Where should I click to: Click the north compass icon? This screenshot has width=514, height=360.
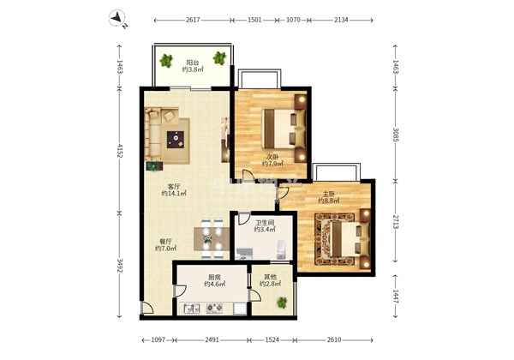[x=117, y=19]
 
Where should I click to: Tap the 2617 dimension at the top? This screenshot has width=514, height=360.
[x=193, y=20]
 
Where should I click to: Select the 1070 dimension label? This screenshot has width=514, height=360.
[x=293, y=20]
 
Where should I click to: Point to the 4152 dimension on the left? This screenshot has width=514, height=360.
[x=120, y=151]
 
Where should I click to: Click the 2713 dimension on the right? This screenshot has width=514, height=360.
[x=396, y=222]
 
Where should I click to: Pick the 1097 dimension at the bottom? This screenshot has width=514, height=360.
[x=158, y=340]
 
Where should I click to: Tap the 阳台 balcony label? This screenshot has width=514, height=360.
[x=193, y=63]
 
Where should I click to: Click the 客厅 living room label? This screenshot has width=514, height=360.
[x=174, y=187]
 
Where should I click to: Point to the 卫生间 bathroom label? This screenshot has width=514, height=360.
[x=265, y=223]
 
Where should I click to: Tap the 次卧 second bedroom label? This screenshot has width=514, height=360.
[x=272, y=157]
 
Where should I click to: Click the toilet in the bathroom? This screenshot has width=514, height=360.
[x=281, y=249]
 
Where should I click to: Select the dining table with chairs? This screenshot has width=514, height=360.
[x=212, y=238]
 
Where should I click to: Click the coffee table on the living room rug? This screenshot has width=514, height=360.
[x=176, y=140]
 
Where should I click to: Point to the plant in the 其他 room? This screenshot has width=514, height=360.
[x=282, y=303]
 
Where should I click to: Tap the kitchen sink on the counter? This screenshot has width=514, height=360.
[x=192, y=309]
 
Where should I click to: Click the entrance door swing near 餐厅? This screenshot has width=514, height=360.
[x=146, y=308]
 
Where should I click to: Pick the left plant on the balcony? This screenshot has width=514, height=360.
[x=166, y=61]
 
